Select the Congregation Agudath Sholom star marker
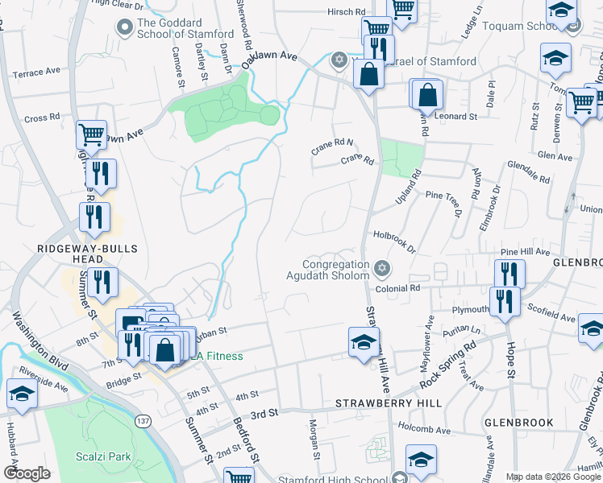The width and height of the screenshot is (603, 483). point(381,267)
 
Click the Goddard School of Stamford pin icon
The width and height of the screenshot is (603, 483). point(124,29)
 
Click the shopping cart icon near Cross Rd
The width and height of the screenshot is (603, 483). point(92,134)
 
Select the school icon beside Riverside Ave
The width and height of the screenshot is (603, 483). point(22,394)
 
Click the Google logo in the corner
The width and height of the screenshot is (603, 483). point(27,473)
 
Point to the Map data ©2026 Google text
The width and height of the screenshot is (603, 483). point(553,477)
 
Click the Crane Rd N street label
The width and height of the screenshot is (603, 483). point(332,147)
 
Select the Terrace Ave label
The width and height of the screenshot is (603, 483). point(37,72)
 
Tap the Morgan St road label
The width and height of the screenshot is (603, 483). point(313,427)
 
